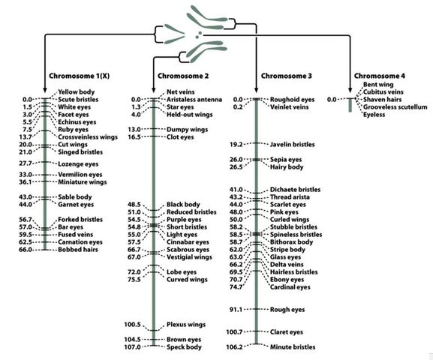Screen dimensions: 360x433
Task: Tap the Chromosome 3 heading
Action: [x=287, y=77]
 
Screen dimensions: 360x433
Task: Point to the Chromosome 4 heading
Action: [x=382, y=77]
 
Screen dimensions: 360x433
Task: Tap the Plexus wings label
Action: [x=187, y=325]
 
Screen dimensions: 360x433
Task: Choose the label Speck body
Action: [x=184, y=347]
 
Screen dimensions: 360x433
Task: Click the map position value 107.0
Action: [x=133, y=347]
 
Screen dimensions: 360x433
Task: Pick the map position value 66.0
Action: [x=27, y=249]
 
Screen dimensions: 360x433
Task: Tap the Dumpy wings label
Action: [x=187, y=129]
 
